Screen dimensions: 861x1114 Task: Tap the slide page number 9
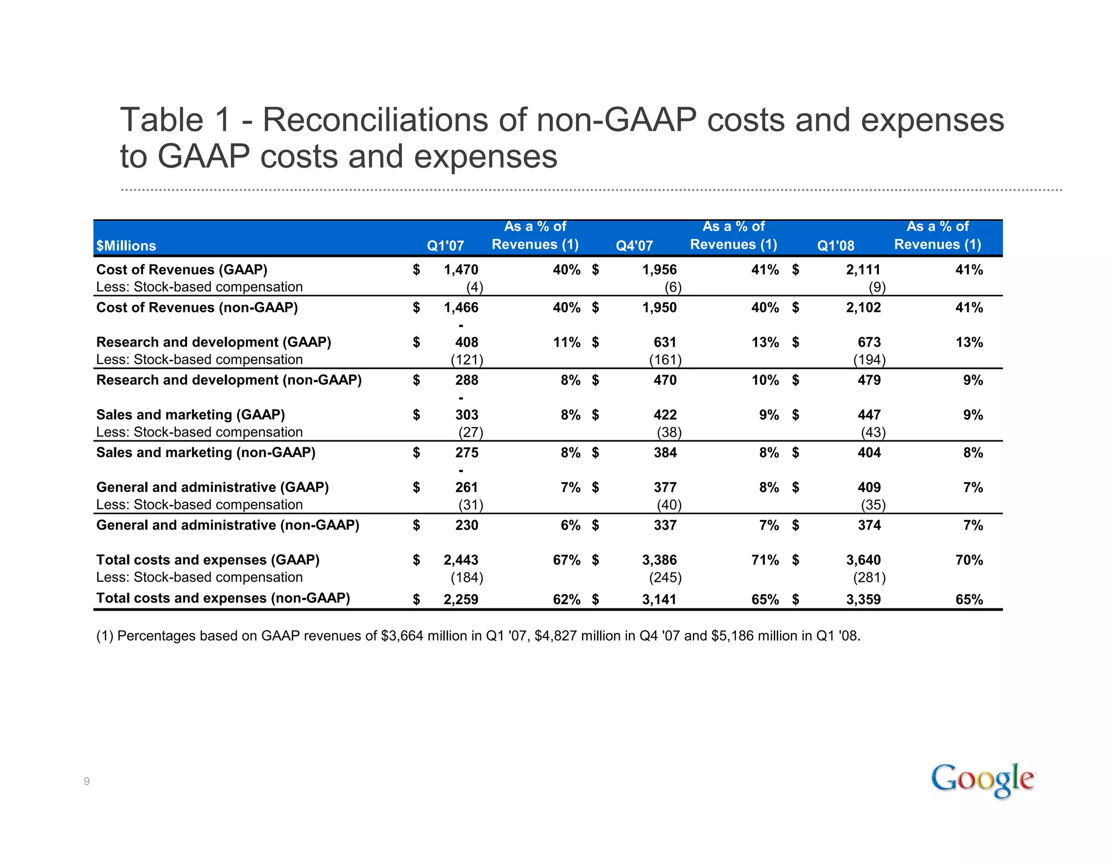pyautogui.click(x=86, y=782)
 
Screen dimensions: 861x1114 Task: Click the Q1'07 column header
pyautogui.click(x=445, y=245)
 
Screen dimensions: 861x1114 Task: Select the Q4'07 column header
pyautogui.click(x=634, y=245)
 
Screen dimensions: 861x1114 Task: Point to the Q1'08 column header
pyautogui.click(x=835, y=245)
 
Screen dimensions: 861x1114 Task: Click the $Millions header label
pyautogui.click(x=126, y=246)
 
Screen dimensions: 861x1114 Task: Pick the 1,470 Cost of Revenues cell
pyautogui.click(x=461, y=270)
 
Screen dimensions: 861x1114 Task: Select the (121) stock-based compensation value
pyautogui.click(x=467, y=360)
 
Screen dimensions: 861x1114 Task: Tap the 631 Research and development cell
pyautogui.click(x=665, y=342)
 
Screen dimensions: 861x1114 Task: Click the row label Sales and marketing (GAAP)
pyautogui.click(x=190, y=415)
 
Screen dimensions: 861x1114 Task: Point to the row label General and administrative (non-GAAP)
pyautogui.click(x=227, y=525)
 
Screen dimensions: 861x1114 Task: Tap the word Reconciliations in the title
pyautogui.click(x=375, y=120)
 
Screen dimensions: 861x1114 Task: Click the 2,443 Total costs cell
pyautogui.click(x=461, y=560)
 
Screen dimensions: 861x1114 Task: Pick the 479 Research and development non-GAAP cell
pyautogui.click(x=869, y=380)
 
